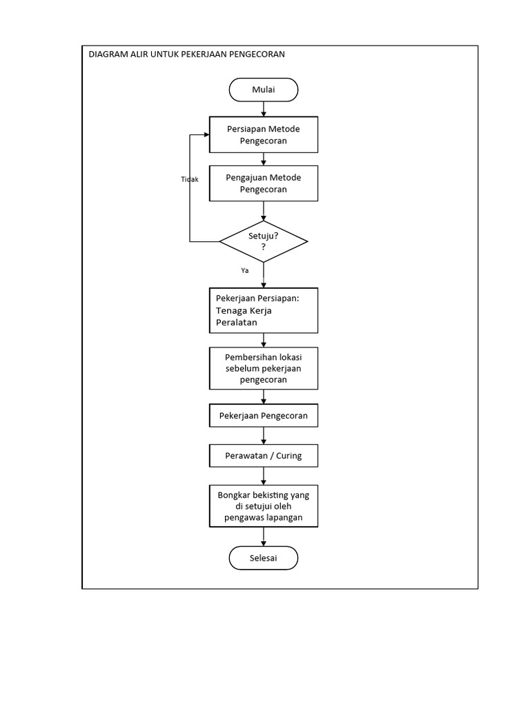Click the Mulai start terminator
(264, 90)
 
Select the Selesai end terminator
(264, 558)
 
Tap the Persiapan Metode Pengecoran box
(264, 134)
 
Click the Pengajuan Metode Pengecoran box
(264, 183)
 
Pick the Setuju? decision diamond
(264, 241)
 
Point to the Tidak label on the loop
(190, 179)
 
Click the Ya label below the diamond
(244, 271)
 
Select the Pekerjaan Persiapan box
(264, 310)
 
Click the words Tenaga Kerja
(244, 310)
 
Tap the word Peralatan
(237, 322)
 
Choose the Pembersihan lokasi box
(264, 367)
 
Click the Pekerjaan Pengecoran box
(264, 416)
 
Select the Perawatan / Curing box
(264, 456)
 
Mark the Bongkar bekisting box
(264, 506)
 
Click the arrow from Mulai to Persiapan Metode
(264, 108)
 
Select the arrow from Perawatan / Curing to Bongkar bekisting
(264, 476)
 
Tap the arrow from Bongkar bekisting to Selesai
(264, 537)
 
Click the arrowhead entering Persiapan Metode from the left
(206, 134)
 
